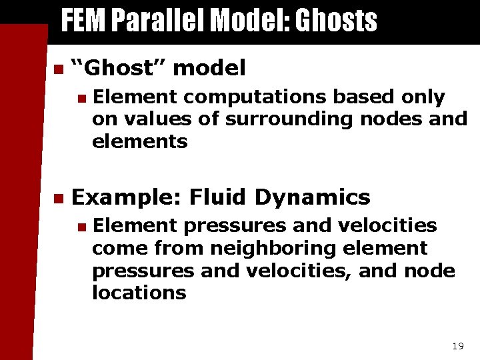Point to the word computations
click(x=254, y=97)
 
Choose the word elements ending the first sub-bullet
click(x=139, y=141)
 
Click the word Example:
click(x=127, y=197)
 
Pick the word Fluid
click(x=219, y=197)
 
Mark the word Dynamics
click(x=313, y=197)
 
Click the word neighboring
click(x=285, y=249)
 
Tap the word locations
click(x=139, y=293)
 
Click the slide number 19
click(x=457, y=346)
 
